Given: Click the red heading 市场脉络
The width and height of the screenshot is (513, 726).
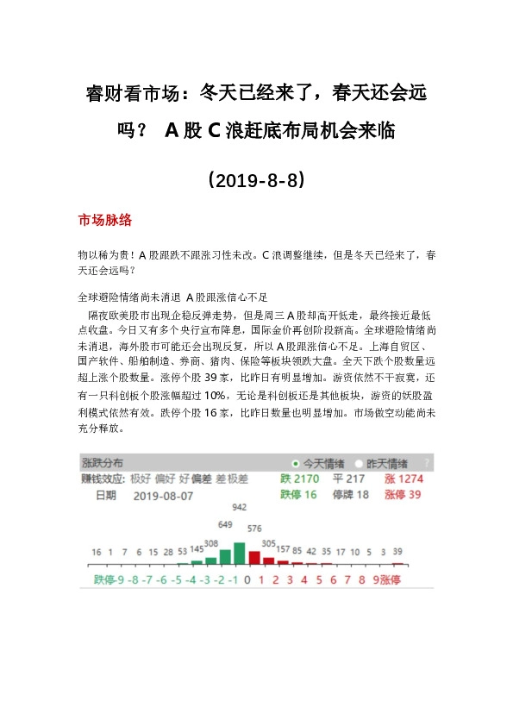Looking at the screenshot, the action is [104, 220].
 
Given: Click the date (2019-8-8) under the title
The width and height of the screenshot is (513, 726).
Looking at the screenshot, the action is [255, 181].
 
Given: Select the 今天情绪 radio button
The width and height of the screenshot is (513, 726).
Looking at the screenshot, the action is [296, 463].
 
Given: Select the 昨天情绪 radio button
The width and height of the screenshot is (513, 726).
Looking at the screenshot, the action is [360, 463].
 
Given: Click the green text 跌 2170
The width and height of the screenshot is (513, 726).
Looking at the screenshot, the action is [299, 479].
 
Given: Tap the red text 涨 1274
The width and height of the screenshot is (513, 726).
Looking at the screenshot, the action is [404, 479].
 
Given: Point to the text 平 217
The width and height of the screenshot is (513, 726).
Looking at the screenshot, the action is [348, 479].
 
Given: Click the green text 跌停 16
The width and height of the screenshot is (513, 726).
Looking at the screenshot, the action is [298, 495].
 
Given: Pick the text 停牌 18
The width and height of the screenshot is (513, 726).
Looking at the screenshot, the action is [349, 495].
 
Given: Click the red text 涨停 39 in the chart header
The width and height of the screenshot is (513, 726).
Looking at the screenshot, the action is [402, 495].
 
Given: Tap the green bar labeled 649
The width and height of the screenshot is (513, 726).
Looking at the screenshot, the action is [226, 552].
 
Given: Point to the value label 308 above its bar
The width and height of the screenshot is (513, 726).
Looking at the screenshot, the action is [211, 543].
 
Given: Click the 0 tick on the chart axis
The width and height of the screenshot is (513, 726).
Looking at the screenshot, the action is [247, 580].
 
